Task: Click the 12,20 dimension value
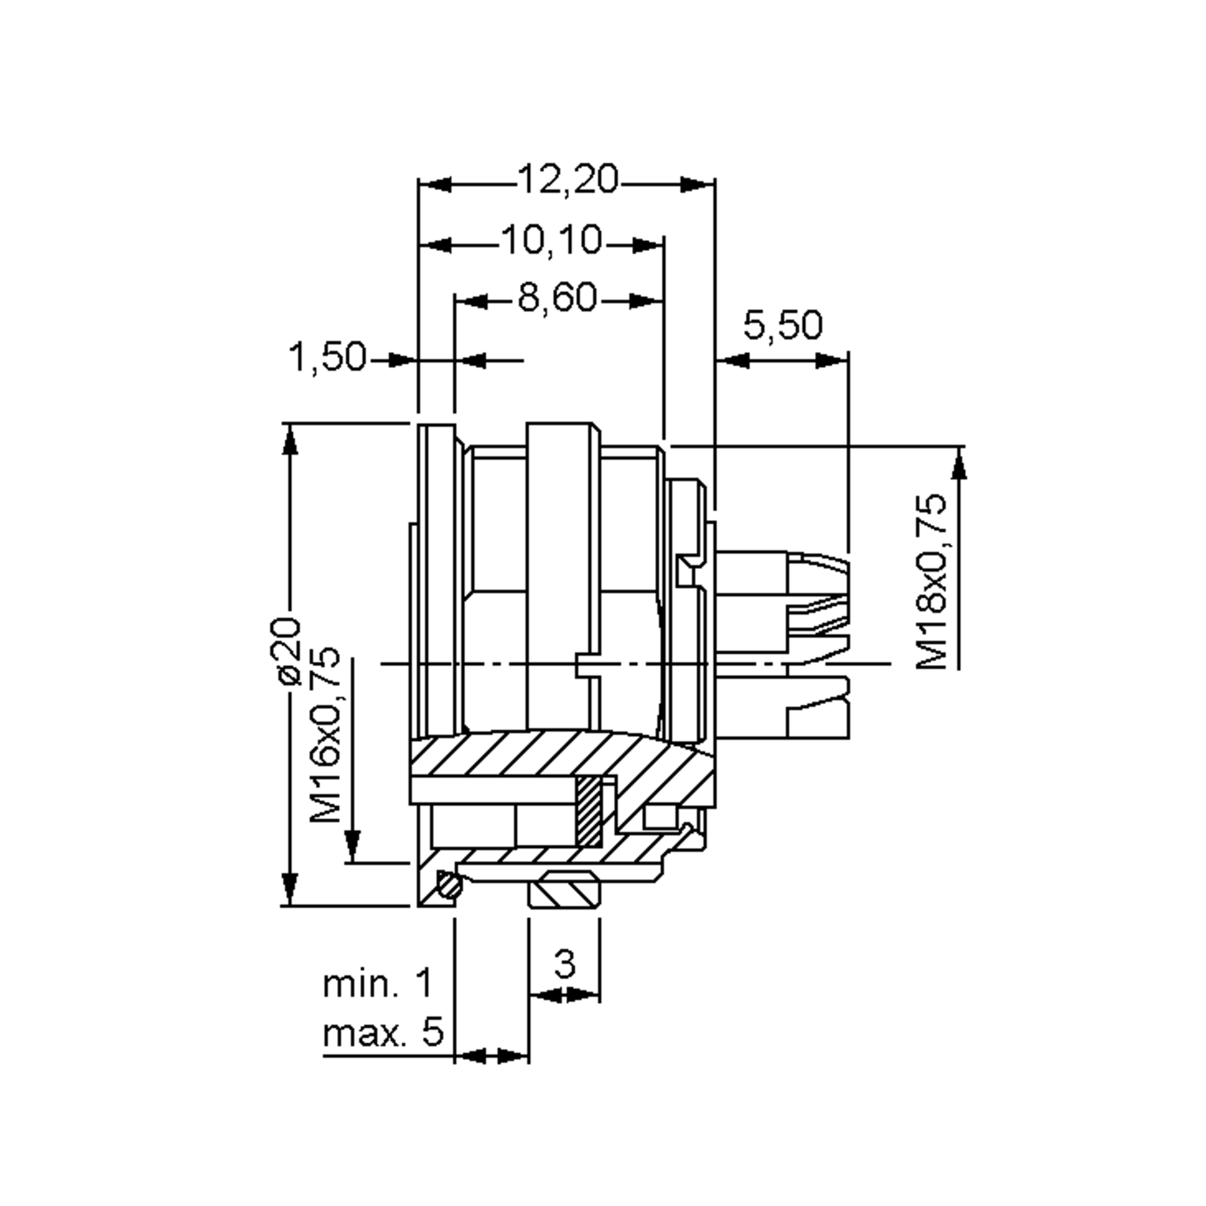click(x=567, y=180)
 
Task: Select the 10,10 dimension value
click(x=552, y=240)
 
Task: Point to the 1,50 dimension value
click(x=327, y=358)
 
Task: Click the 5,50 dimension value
click(x=783, y=325)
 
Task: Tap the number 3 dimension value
click(x=564, y=964)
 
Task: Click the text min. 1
click(x=377, y=984)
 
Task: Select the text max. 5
click(x=382, y=1034)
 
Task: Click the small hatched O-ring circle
click(x=449, y=886)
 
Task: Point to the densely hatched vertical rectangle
click(x=588, y=811)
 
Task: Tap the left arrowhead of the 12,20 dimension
click(x=435, y=185)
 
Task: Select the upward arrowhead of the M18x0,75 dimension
click(x=959, y=465)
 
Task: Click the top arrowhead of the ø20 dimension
click(x=289, y=441)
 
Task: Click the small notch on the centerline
click(x=581, y=665)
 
